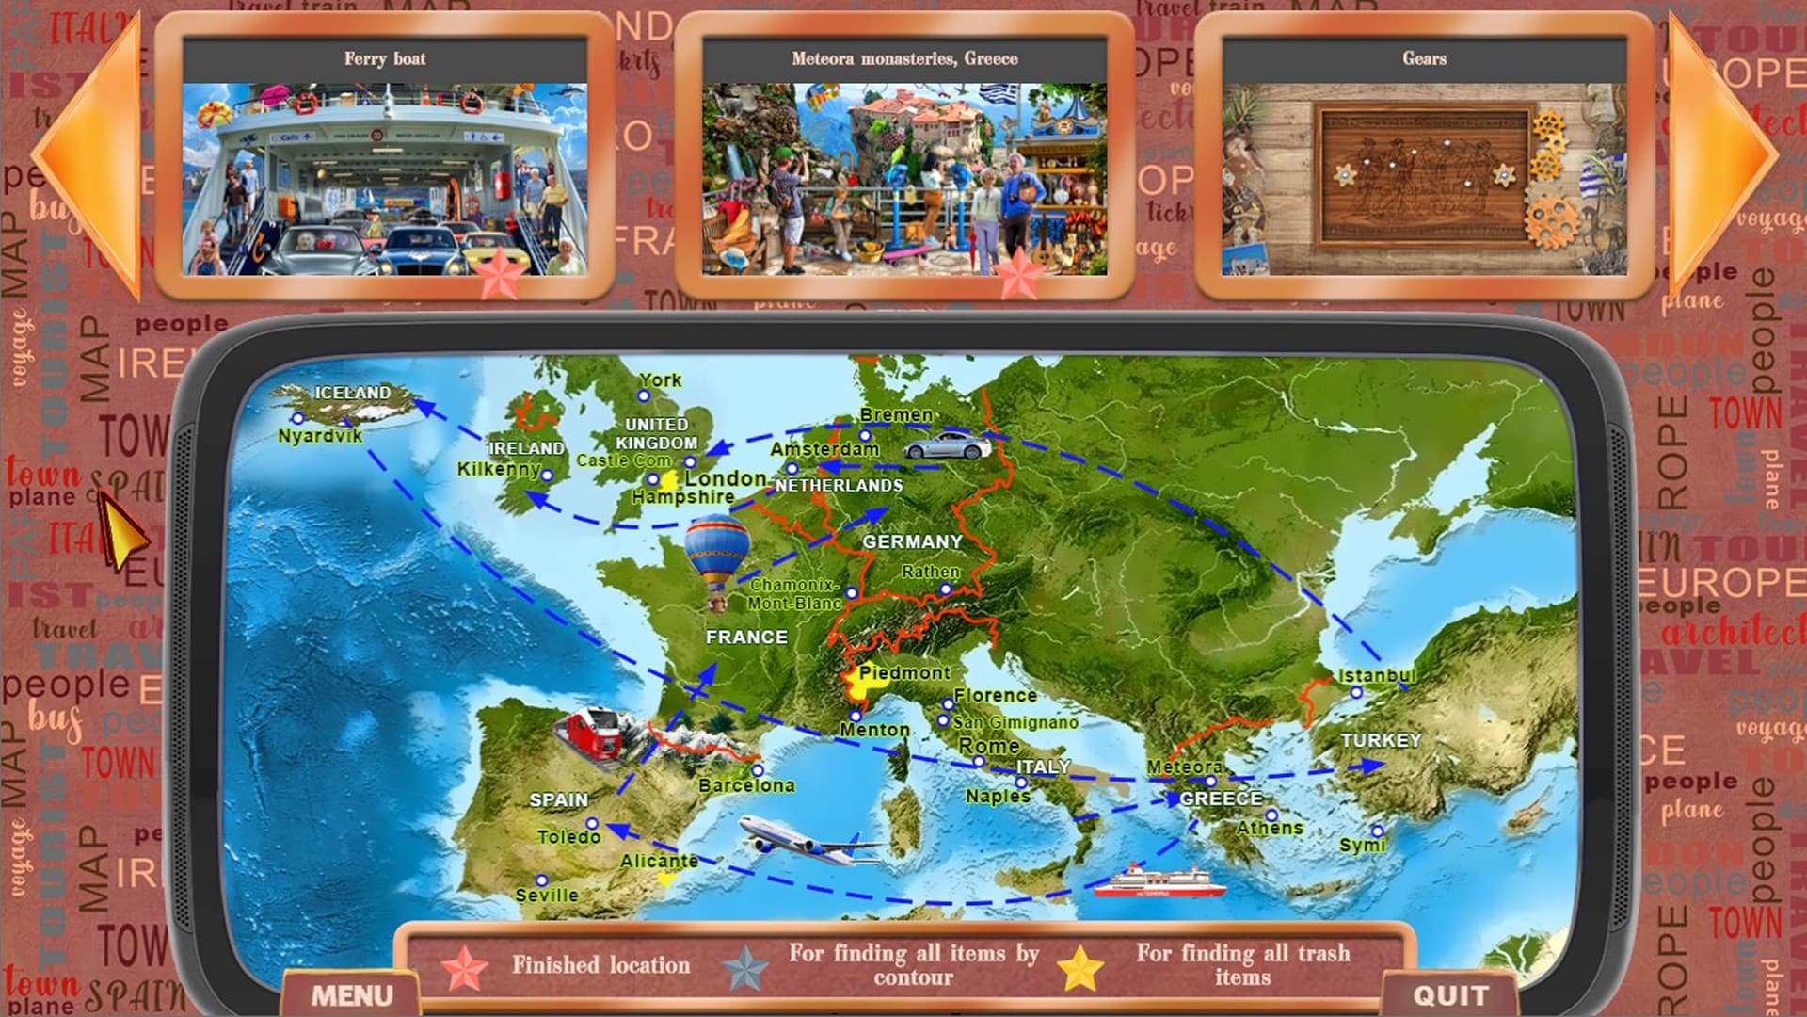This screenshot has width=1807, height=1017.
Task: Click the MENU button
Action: click(x=352, y=995)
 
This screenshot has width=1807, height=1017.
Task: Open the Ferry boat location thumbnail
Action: click(x=384, y=179)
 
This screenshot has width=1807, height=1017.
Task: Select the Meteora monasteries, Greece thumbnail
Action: click(x=903, y=179)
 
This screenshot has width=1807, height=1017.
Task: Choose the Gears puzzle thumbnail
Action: click(x=1424, y=179)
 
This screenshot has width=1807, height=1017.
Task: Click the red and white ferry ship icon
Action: click(x=1160, y=882)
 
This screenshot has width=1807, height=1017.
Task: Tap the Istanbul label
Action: click(x=1376, y=675)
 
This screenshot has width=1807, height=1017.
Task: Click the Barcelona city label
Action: click(x=746, y=785)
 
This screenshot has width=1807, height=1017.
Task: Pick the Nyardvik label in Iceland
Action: click(x=320, y=436)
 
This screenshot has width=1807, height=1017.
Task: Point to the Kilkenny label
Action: click(x=499, y=469)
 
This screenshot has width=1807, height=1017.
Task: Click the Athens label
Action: click(x=1270, y=828)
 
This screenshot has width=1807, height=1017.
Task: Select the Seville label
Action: click(x=547, y=895)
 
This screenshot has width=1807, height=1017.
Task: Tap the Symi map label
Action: click(x=1362, y=845)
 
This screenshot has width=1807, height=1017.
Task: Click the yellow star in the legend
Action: click(x=1079, y=968)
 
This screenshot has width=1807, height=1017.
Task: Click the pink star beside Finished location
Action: click(x=465, y=968)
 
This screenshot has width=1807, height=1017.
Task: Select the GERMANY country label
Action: click(x=912, y=541)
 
